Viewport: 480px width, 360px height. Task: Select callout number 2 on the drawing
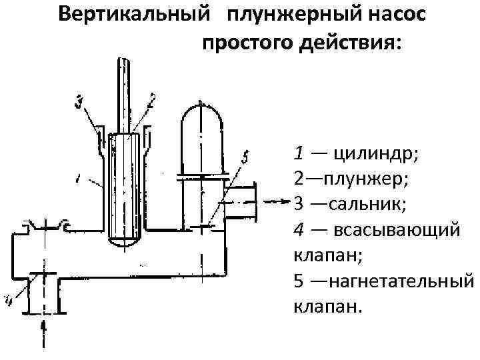(x=152, y=101)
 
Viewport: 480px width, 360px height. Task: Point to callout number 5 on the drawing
(x=245, y=157)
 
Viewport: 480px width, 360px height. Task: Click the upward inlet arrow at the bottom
(x=44, y=330)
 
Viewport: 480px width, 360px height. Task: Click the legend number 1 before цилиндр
(x=298, y=153)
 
